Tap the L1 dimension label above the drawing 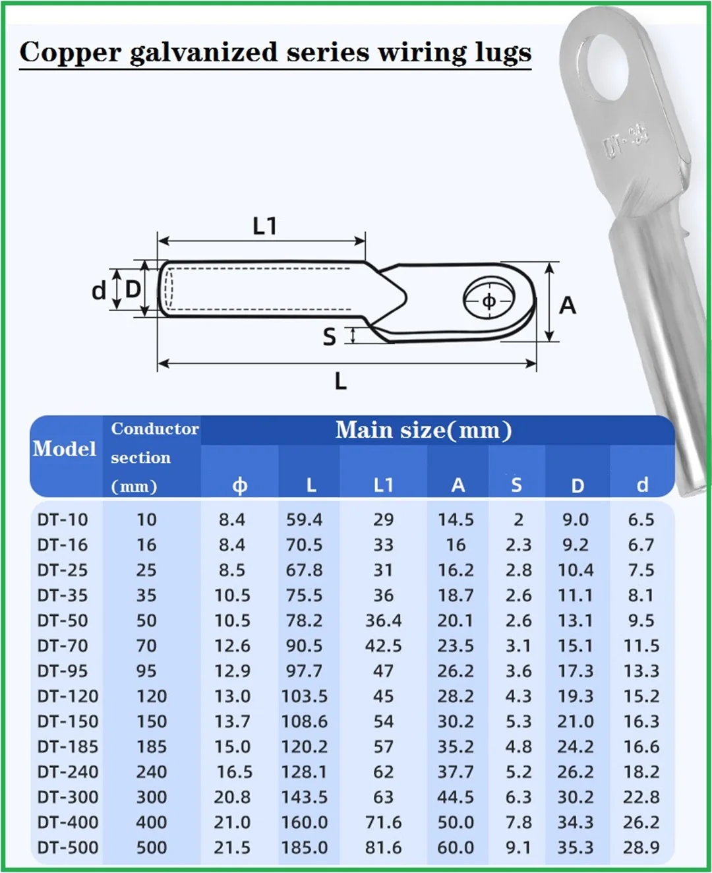coord(264,226)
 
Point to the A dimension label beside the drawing coord(567,305)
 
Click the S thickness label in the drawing coord(330,337)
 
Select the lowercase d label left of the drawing coord(98,291)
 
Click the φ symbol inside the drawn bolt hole coord(489,301)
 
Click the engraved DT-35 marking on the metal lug coord(626,140)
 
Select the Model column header coord(65,449)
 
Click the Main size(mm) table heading coord(423,430)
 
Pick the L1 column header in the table coord(383,485)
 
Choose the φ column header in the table coord(239,486)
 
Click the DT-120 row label coord(68,696)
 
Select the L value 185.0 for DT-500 coord(305,847)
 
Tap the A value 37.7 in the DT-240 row coord(456,772)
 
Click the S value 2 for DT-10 coord(518,520)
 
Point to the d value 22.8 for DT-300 coord(641,797)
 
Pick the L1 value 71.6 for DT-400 coord(383,822)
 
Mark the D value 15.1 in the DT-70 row coord(575,646)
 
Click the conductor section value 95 coord(146,671)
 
